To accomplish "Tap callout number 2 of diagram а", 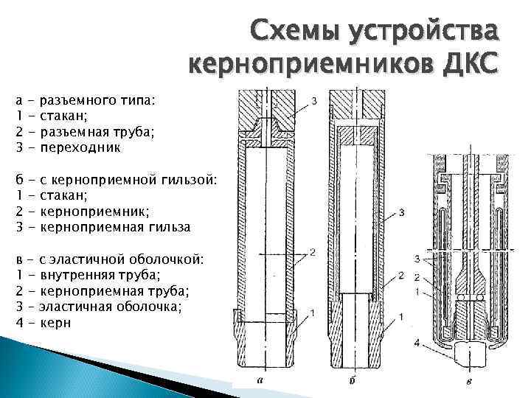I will [x=313, y=253].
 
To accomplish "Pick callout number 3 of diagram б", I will [x=401, y=214].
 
